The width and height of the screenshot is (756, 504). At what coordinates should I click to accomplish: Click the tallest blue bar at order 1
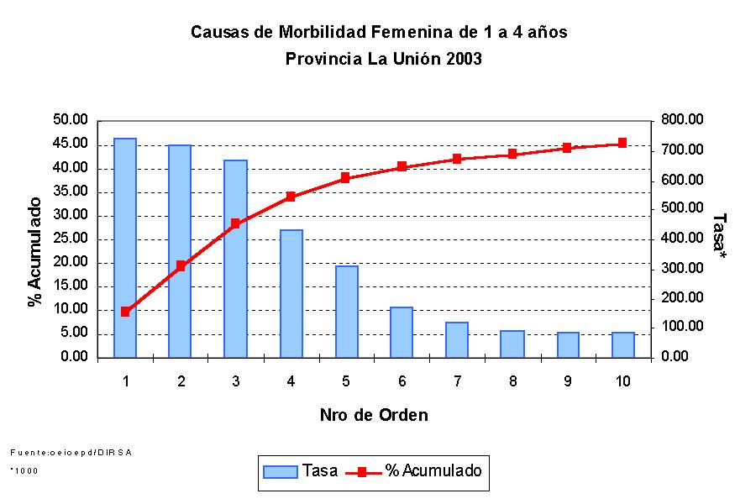125,248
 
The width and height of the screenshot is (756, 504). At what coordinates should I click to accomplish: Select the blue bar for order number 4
291,293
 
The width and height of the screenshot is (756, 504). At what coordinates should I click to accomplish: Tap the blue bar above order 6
402,332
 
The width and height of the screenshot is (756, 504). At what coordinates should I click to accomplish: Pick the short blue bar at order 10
623,344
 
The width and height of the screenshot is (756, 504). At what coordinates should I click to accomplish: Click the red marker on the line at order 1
125,312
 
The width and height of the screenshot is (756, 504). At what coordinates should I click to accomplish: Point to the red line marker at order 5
346,178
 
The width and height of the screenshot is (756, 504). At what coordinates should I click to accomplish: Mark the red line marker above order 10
623,144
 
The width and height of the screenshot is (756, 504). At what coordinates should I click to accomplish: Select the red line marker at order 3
236,223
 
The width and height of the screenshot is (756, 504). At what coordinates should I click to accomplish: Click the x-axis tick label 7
457,381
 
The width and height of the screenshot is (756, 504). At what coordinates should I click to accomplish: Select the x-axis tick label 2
181,381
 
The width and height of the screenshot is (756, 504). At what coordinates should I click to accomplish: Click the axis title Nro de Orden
374,415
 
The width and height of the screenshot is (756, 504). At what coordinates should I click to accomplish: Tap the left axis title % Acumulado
35,252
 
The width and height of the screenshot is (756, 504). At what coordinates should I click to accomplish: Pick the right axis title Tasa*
719,232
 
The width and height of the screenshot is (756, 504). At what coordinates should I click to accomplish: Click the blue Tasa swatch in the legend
281,471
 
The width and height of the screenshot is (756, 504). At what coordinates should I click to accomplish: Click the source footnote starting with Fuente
71,452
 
